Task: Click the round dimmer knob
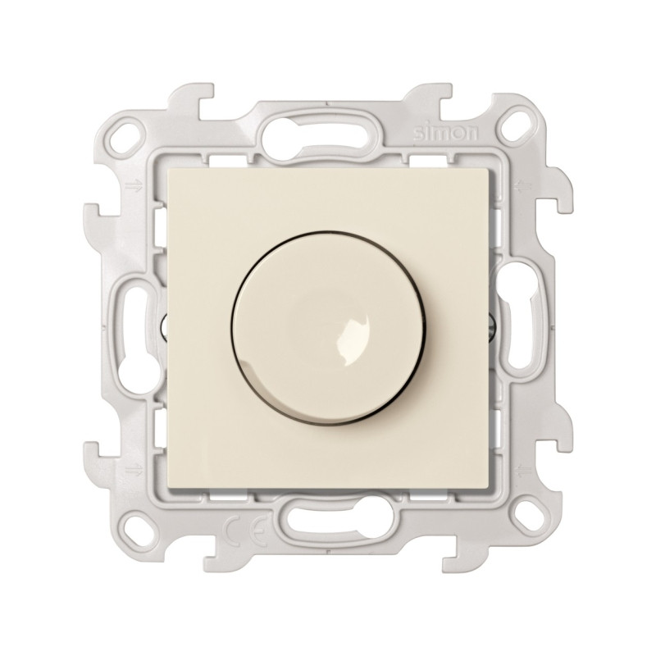tap(329, 327)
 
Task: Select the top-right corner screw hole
tap(514, 125)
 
